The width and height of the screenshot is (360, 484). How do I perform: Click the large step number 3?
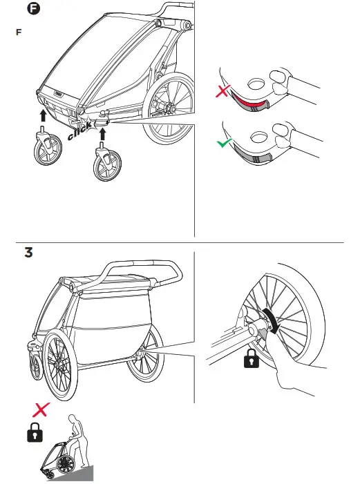[28, 253]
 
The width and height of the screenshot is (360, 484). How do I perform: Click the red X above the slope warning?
[41, 409]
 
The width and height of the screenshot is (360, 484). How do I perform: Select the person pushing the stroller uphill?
[78, 442]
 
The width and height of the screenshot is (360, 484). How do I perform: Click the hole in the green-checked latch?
[262, 135]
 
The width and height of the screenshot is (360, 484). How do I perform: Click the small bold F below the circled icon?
[18, 32]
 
